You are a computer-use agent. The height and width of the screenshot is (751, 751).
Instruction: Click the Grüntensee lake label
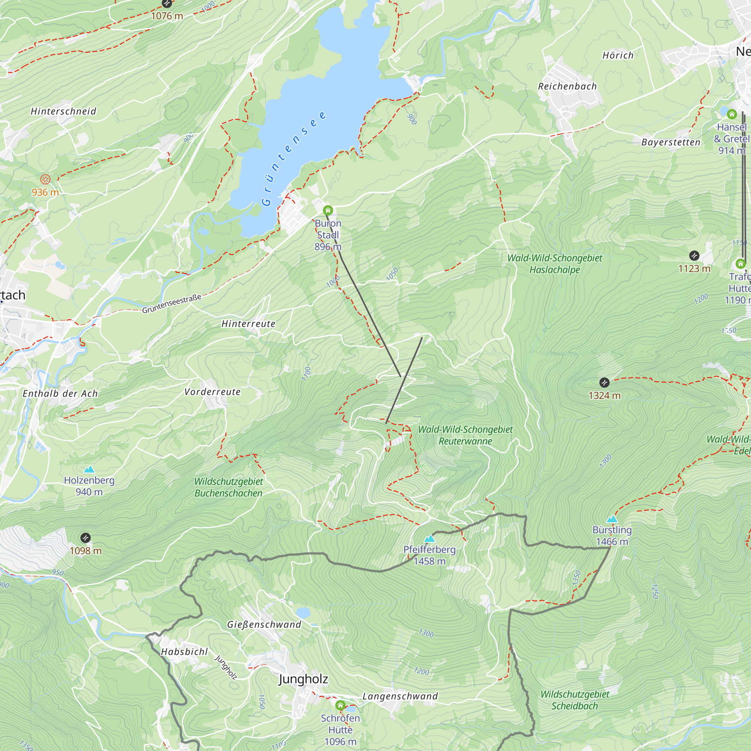coord(293,158)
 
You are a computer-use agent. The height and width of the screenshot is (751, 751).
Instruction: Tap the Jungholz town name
coord(303,679)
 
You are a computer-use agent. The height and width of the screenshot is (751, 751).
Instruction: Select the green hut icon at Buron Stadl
coord(328,210)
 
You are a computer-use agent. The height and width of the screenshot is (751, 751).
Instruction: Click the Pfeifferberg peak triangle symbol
coord(429,539)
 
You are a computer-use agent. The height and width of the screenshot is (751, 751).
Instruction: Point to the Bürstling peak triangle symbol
coord(612,519)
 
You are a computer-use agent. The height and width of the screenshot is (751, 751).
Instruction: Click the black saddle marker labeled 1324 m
coord(604,383)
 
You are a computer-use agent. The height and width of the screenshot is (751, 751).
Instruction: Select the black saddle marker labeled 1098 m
coord(86,538)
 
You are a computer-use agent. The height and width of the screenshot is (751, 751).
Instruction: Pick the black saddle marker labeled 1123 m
coord(694,255)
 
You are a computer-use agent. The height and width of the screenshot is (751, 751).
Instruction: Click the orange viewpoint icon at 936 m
coord(45,179)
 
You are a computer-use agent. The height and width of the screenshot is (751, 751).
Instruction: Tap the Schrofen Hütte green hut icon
coord(340,705)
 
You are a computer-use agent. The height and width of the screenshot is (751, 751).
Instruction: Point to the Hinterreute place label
coord(248,323)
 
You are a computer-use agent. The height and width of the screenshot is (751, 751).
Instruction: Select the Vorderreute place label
coord(212,391)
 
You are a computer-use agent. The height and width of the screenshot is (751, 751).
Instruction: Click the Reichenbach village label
coord(567,86)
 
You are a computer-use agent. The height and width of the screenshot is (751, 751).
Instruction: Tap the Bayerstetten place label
coord(671,142)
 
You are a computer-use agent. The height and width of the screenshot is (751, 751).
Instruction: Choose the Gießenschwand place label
coord(264,624)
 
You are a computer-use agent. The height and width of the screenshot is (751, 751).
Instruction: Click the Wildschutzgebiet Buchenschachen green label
coord(229,487)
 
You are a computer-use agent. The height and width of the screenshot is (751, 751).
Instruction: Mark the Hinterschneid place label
coord(63,111)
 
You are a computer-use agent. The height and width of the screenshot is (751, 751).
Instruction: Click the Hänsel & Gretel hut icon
coord(732,114)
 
